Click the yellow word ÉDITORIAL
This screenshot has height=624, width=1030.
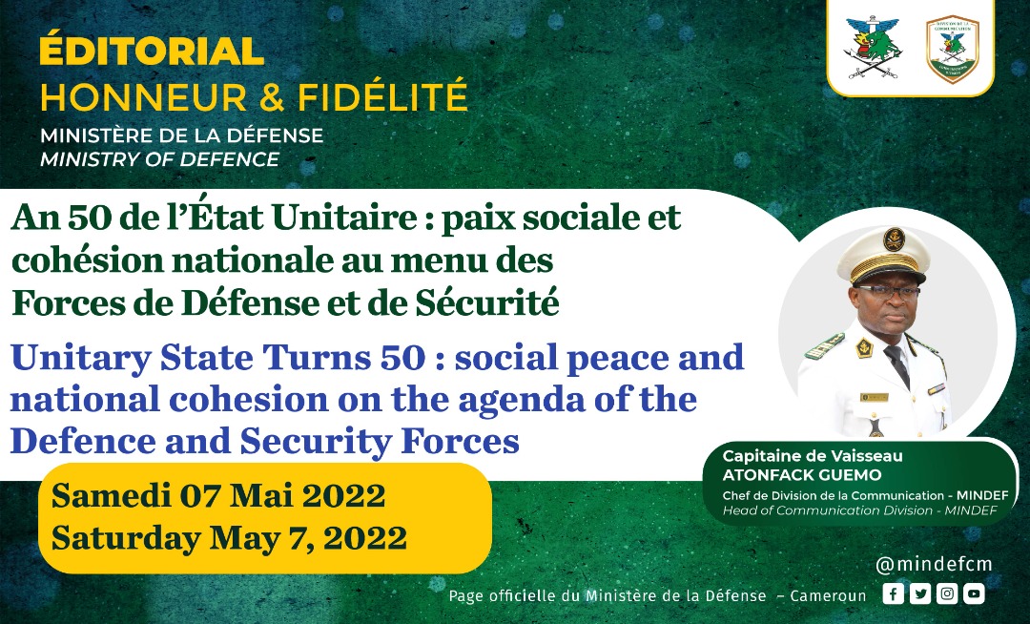152,51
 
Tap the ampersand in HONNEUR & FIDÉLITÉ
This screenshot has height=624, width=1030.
272,96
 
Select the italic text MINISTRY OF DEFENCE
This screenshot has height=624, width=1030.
159,159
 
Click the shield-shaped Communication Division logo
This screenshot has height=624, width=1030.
953,50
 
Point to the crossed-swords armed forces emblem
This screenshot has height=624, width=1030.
873,48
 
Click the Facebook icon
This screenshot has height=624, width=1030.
893,593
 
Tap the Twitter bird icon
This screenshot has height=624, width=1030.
919,593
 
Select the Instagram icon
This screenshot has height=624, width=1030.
947,593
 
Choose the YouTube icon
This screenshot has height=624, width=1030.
974,593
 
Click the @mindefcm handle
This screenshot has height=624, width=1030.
934,564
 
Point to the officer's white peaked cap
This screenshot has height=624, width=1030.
883,254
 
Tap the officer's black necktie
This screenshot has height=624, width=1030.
898,364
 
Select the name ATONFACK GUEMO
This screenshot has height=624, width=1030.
802,475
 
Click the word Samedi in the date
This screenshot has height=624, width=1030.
111,495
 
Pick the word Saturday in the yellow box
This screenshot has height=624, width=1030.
126,538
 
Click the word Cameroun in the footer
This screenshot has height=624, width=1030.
828,595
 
